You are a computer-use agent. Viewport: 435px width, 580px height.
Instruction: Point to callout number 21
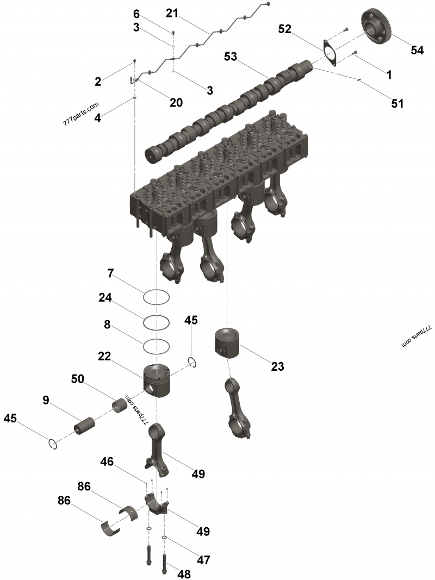tap(172, 13)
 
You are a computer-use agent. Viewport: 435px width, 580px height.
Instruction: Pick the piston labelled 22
tap(157, 379)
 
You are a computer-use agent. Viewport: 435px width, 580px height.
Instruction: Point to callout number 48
tap(184, 573)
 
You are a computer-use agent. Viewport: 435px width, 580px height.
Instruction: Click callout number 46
tap(107, 462)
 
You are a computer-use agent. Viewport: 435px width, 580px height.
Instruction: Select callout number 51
tap(397, 103)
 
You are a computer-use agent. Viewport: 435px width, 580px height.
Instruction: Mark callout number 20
tap(176, 102)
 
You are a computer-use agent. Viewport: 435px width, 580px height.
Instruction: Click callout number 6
tap(136, 14)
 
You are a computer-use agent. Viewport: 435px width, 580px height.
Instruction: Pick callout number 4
tap(97, 116)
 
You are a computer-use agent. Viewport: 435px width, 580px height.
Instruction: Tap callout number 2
tap(97, 82)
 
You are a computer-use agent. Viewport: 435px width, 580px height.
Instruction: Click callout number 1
tap(389, 75)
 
